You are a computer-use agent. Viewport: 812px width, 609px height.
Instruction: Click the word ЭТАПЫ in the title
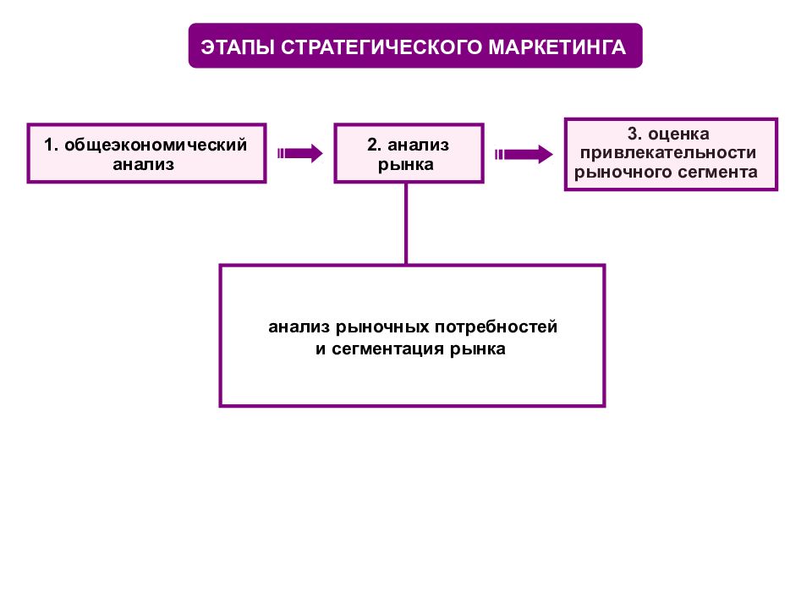(239, 47)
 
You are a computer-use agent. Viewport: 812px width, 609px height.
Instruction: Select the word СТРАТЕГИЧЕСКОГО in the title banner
(381, 47)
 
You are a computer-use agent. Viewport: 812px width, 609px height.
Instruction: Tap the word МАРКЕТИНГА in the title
(557, 47)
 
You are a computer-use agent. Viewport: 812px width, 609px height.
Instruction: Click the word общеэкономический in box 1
(156, 145)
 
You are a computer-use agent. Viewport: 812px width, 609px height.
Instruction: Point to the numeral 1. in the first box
(51, 145)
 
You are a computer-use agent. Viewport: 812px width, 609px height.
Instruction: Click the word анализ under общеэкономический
(144, 165)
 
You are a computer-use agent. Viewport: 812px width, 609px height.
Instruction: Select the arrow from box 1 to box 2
(299, 153)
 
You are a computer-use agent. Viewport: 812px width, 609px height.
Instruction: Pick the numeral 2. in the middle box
(375, 145)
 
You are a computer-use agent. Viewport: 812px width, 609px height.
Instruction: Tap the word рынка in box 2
(405, 166)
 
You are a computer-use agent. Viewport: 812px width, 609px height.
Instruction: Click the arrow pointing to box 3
(524, 154)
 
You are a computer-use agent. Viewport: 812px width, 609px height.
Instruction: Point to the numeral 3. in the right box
(635, 134)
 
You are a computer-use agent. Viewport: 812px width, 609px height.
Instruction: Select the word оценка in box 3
(678, 134)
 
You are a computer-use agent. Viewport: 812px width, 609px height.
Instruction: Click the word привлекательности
(668, 153)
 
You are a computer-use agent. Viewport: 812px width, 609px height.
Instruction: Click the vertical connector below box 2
(406, 223)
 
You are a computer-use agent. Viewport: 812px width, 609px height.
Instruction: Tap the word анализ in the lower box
(299, 327)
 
